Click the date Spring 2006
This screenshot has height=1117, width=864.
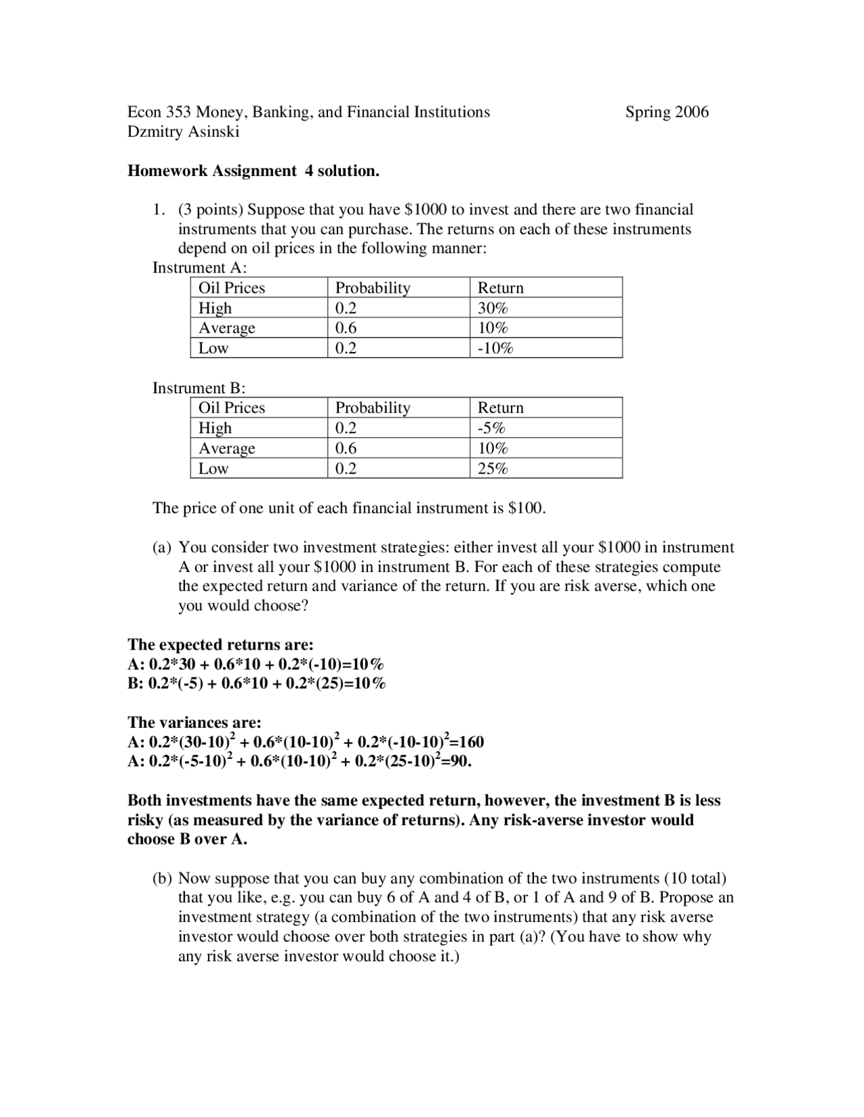(666, 112)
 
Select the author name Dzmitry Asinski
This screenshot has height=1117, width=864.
(183, 132)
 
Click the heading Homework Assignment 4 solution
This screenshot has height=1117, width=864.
(253, 171)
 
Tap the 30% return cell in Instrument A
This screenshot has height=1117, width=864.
(493, 308)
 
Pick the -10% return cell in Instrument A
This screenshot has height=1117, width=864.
(495, 348)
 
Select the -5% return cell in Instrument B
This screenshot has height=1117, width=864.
(491, 428)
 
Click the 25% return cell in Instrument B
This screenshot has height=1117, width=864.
(493, 469)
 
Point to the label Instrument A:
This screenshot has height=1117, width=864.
(199, 268)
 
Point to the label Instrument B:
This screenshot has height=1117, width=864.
(198, 388)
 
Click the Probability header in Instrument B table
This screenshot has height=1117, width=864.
(373, 408)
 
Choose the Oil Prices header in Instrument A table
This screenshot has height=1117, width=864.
(232, 288)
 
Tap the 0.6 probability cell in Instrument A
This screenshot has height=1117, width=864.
(346, 328)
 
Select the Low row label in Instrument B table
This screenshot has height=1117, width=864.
(213, 469)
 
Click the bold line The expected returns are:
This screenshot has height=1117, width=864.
(220, 644)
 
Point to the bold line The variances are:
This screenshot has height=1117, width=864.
(194, 722)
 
